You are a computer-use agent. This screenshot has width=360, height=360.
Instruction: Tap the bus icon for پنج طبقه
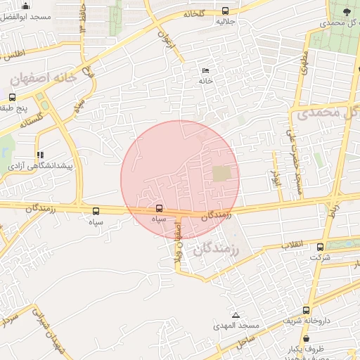coord(12,98)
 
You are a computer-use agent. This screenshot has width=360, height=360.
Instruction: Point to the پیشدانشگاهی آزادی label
coord(37,166)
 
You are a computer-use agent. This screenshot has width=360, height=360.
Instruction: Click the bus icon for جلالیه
coord(225,11)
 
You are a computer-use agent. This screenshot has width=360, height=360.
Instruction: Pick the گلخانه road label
coord(196,13)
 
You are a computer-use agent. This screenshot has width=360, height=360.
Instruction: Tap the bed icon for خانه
coord(205,71)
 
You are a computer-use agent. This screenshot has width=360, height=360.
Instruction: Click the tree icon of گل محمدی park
coord(347,12)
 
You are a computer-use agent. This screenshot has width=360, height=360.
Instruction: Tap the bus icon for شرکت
coord(321,247)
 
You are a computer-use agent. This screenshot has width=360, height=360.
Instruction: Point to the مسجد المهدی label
coord(239,326)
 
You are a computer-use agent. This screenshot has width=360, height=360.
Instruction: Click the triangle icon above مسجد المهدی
coord(236,315)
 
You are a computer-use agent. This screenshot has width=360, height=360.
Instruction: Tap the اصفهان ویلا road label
coord(179,243)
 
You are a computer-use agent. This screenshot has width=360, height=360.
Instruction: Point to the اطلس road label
coord(13,54)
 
